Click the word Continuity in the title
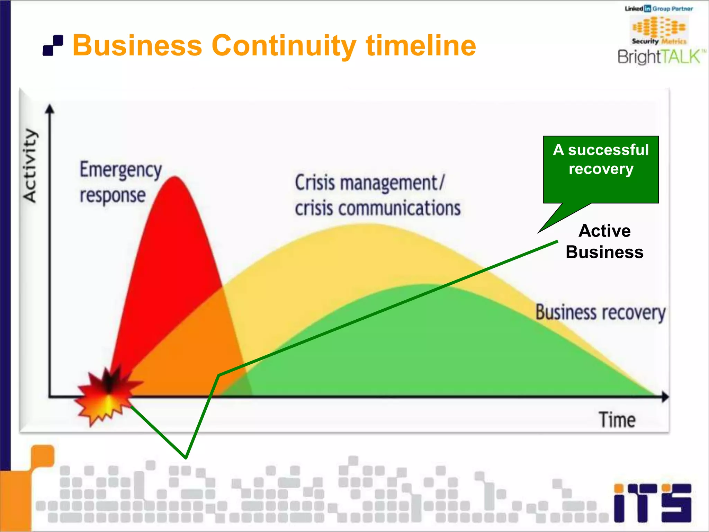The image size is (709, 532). (x=284, y=46)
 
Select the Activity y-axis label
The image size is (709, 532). (x=30, y=166)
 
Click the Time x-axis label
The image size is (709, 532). (x=617, y=420)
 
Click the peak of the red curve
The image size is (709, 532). (x=175, y=178)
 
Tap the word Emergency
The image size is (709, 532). (x=120, y=170)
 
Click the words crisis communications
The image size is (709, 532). (x=377, y=209)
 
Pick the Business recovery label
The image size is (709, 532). (x=600, y=313)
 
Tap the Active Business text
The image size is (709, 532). (x=604, y=241)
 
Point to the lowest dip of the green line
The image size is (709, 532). (x=186, y=457)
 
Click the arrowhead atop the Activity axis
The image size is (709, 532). (x=50, y=109)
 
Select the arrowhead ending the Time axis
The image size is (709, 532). (x=665, y=397)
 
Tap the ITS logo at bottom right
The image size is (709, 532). (x=652, y=503)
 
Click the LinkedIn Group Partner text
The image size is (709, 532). (x=658, y=9)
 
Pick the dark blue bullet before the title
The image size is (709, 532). (x=53, y=45)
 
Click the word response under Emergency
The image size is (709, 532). (x=113, y=196)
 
